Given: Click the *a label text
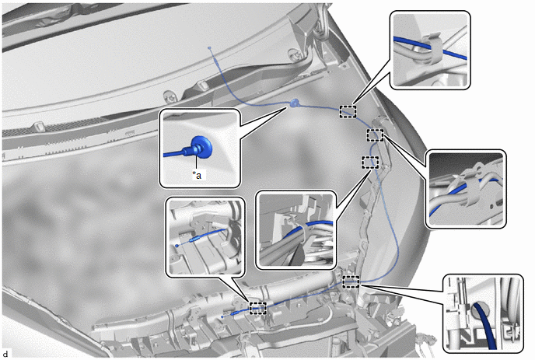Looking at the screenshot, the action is (x=197, y=176).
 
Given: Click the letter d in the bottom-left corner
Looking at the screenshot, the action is (x=5, y=355).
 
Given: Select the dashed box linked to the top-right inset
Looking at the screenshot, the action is (x=348, y=112).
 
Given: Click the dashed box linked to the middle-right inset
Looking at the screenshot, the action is (x=375, y=135).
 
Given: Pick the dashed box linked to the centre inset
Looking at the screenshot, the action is (x=370, y=163).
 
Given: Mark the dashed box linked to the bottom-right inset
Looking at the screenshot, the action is (x=351, y=281).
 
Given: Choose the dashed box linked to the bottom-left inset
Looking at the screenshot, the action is (x=258, y=308).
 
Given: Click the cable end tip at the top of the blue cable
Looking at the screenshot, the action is (x=209, y=48).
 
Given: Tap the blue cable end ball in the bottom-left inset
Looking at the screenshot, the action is (x=177, y=246).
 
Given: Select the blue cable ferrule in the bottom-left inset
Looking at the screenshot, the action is (x=195, y=239).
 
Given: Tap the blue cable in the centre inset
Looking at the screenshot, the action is (x=309, y=227).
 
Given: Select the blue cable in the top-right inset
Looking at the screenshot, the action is (x=431, y=48).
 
